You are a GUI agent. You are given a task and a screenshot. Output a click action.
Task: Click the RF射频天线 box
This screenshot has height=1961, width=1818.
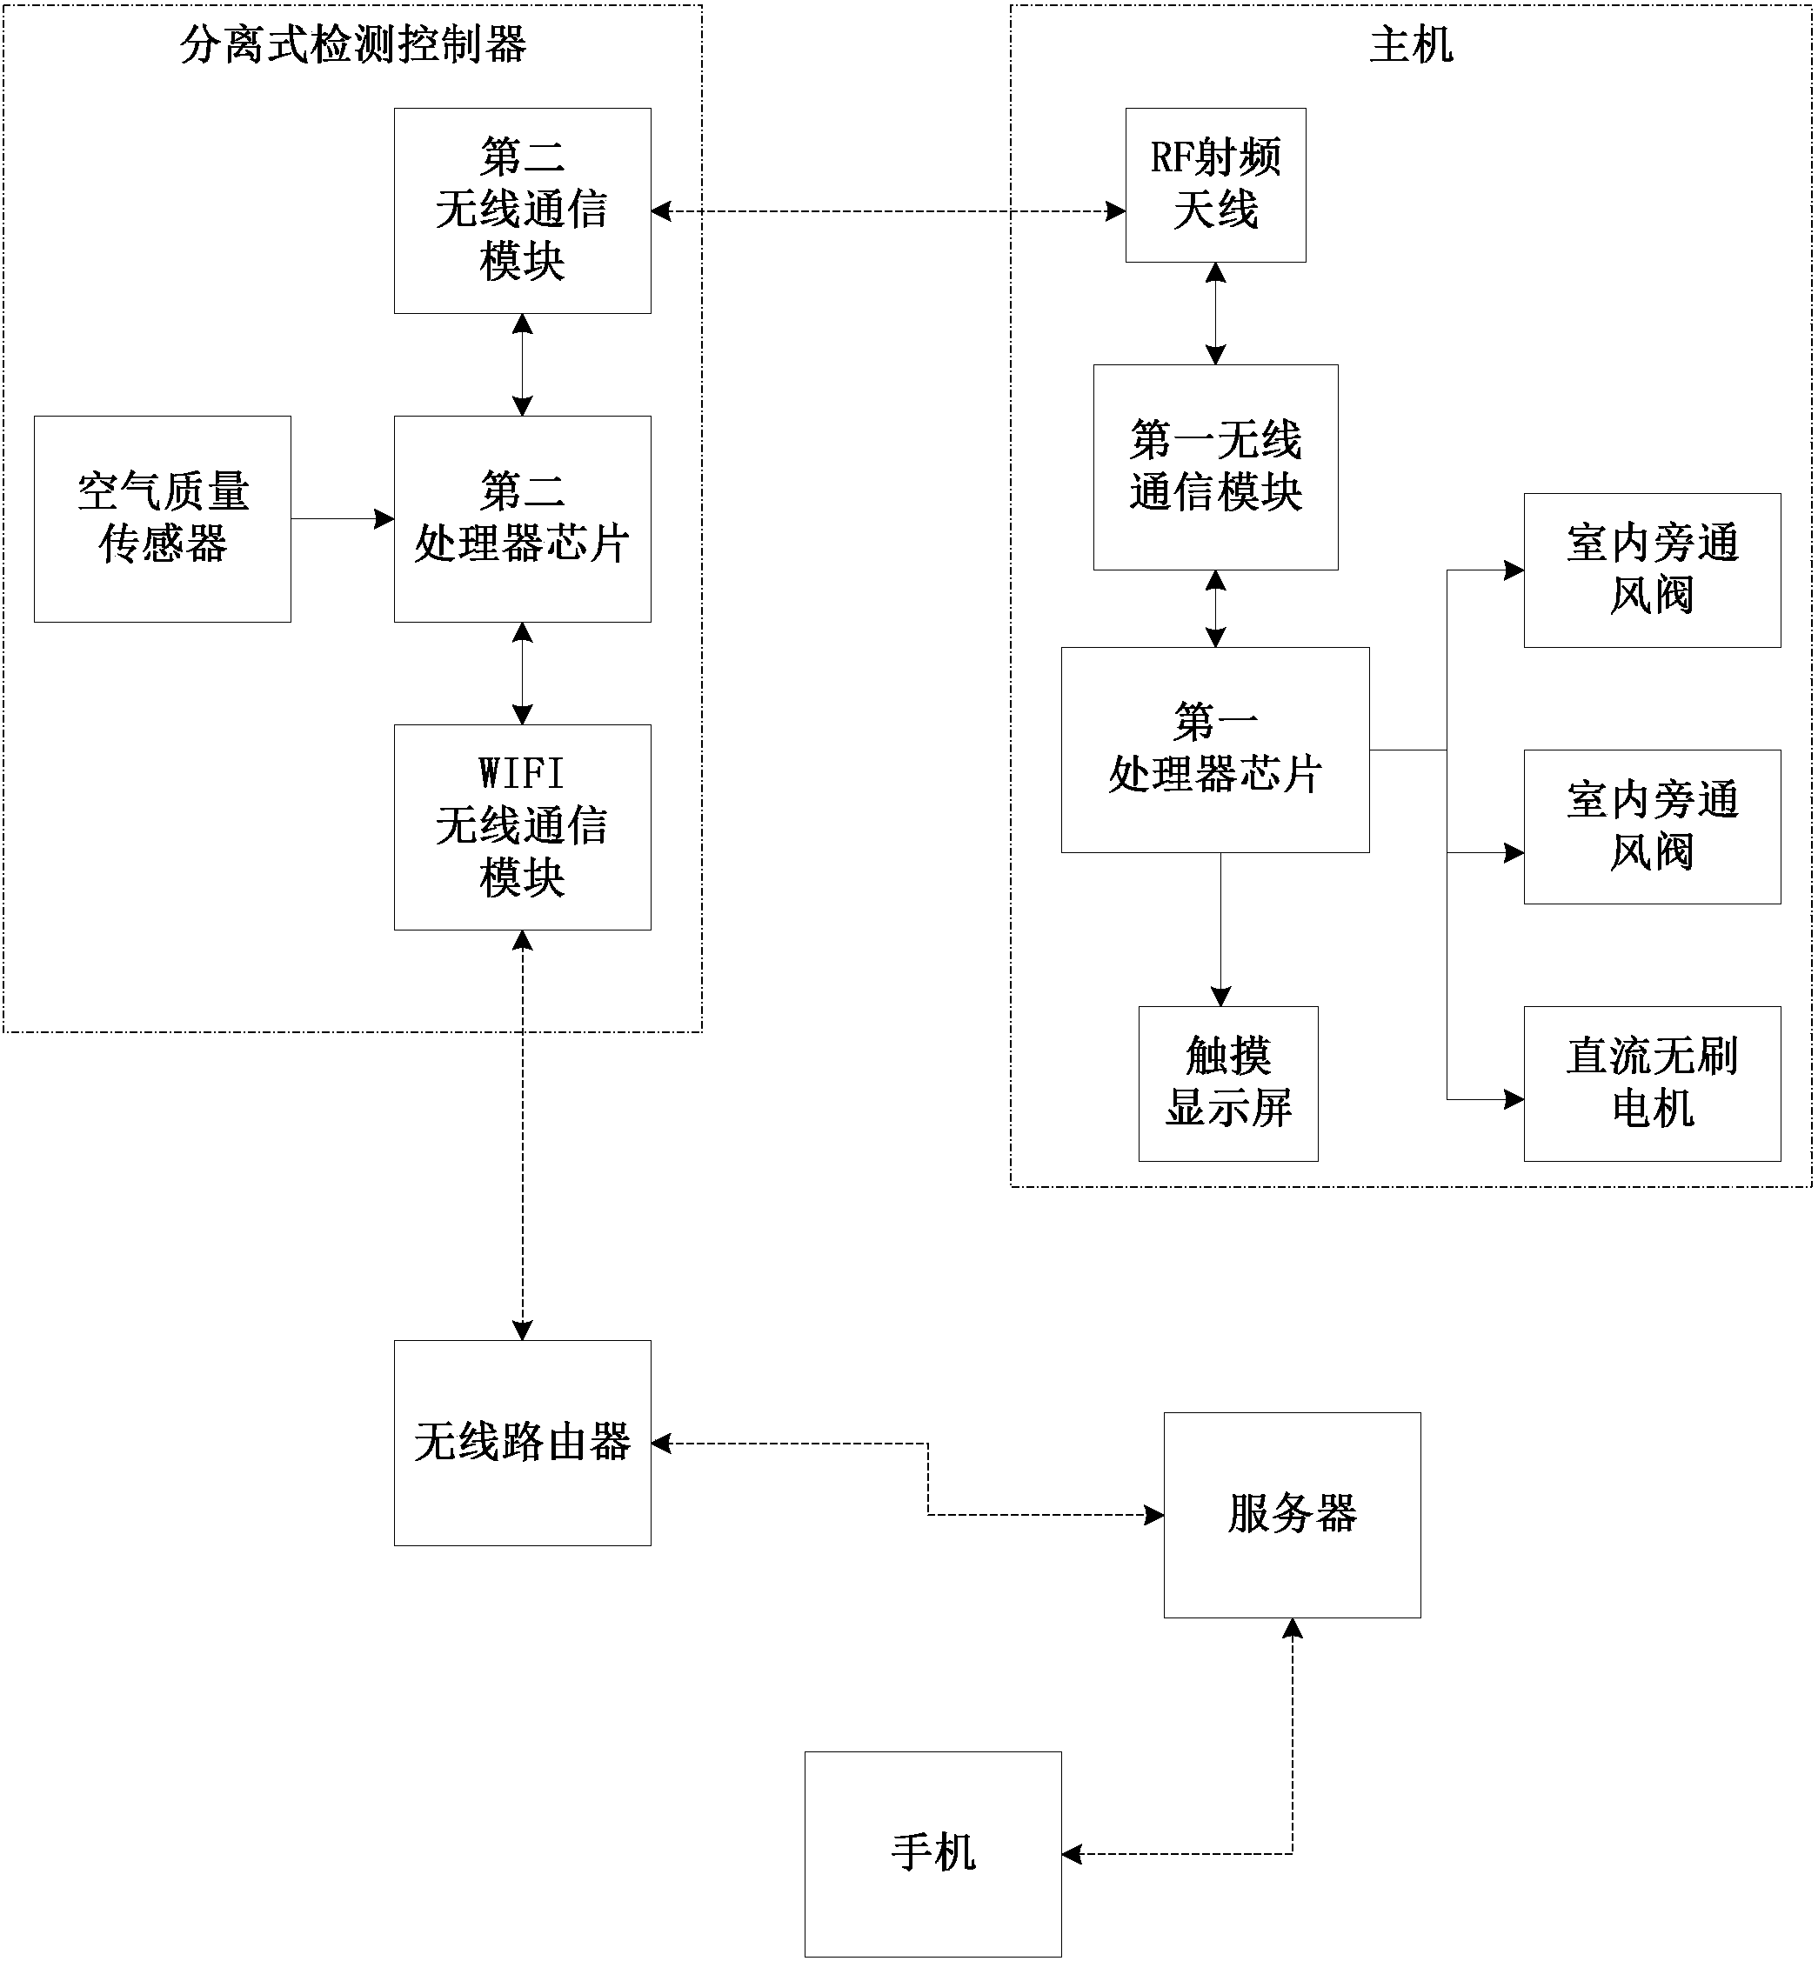coord(1215,185)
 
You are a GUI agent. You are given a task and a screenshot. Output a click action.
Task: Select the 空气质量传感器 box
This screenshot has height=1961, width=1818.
coord(163,518)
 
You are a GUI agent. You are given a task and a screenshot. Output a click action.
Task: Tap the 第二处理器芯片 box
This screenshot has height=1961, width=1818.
coord(523,518)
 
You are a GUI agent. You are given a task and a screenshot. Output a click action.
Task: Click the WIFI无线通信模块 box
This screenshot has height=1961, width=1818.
coord(523,827)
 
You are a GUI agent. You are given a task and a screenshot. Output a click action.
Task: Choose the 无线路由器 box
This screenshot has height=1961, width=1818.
coord(523,1443)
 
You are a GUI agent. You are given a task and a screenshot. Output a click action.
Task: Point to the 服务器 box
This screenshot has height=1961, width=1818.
coord(1292,1515)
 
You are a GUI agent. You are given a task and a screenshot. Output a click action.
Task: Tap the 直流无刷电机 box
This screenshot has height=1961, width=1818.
coord(1652,1083)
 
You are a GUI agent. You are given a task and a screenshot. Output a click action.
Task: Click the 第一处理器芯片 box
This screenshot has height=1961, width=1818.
coord(1215,750)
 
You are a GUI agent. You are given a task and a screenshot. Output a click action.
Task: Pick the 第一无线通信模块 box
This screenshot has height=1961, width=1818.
coord(1215,467)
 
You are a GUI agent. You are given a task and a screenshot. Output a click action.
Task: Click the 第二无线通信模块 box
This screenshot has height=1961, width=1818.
coord(523,210)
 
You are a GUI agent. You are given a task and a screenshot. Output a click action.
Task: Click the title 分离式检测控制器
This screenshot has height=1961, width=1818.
coord(353,45)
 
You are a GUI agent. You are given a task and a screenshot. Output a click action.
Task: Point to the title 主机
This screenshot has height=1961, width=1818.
coord(1411,45)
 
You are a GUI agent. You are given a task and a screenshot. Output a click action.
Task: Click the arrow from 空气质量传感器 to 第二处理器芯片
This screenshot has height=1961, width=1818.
coord(343,518)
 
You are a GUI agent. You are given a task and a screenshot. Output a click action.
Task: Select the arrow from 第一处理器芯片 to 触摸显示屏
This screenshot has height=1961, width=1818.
coord(1221,930)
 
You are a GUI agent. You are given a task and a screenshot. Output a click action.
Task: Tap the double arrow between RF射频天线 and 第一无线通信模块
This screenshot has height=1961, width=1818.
coord(1216,314)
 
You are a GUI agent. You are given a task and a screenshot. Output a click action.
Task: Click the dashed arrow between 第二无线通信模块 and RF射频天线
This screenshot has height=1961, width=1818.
coord(888,210)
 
